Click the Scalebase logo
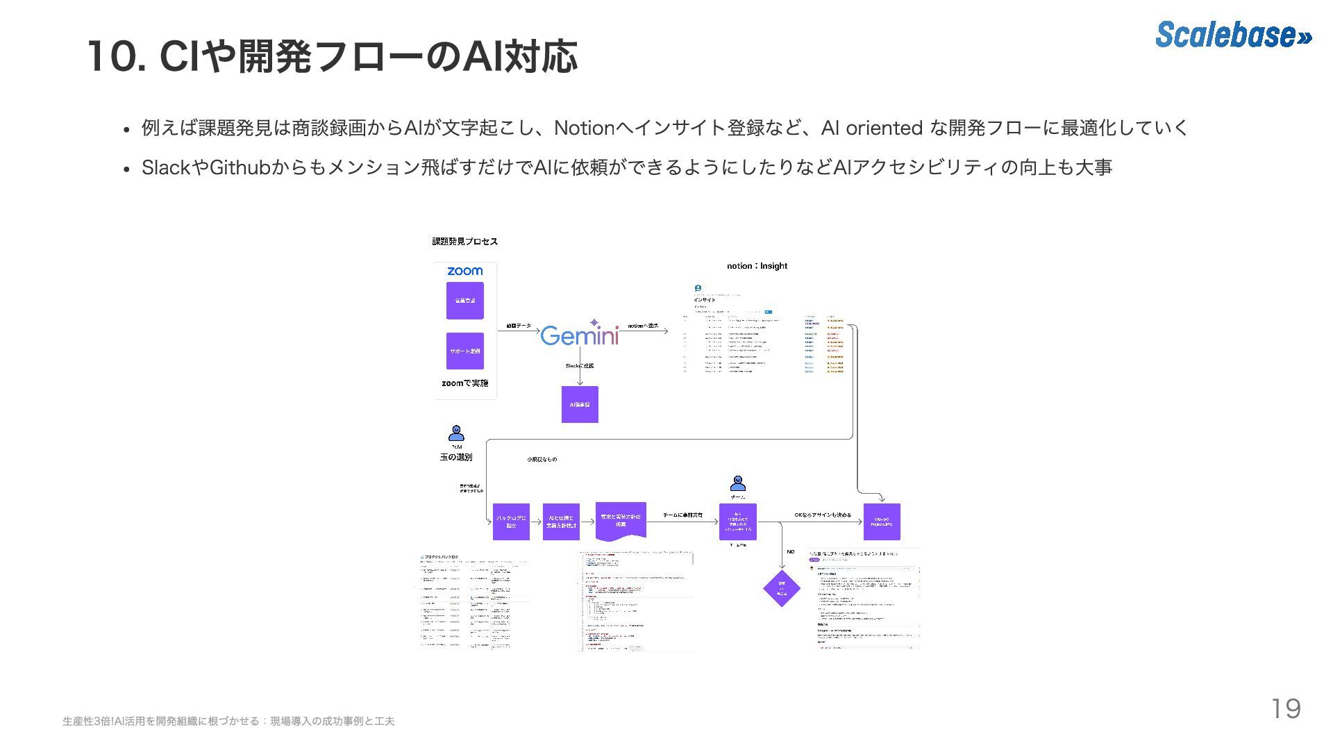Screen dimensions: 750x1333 coord(1233,34)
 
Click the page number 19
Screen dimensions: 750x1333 coord(1285,709)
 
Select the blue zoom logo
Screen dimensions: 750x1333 coord(464,271)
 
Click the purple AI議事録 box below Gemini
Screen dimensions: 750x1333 coord(580,404)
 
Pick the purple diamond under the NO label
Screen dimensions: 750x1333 coord(781,589)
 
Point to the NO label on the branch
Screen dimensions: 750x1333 coord(790,552)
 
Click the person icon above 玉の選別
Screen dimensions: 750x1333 coord(456,433)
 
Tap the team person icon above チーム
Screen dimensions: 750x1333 coord(737,483)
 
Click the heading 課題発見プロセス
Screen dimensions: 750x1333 coord(464,242)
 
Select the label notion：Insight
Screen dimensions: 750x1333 coord(757,266)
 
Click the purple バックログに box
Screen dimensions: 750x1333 coord(511,522)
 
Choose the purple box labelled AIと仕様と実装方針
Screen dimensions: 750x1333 coord(561,522)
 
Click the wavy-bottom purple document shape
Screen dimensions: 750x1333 coord(621,521)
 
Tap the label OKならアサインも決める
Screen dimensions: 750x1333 coord(823,515)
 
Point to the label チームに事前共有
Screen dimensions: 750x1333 coord(682,515)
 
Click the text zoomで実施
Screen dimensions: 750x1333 coord(464,383)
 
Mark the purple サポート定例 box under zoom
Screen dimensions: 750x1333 coord(464,351)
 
